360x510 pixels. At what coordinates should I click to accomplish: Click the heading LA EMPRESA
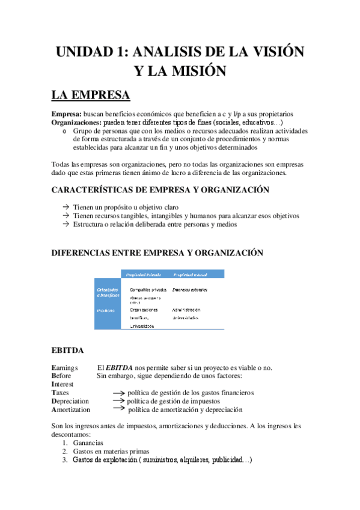coord(90,96)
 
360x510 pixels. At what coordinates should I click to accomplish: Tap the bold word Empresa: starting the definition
coord(67,114)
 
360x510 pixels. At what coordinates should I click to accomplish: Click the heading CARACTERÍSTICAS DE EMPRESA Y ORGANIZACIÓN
coord(160,189)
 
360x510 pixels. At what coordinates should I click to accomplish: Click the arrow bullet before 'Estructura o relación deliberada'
coord(65,224)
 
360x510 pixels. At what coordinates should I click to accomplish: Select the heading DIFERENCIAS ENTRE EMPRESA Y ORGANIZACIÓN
coord(157,253)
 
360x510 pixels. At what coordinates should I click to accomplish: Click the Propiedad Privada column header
coord(144,274)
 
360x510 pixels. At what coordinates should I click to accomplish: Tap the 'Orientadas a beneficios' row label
coord(108,292)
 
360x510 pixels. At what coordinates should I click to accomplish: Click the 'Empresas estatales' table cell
coord(190,290)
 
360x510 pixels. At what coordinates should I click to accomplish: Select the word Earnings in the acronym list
coord(66,367)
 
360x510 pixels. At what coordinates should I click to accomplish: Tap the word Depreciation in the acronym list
coord(70,401)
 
